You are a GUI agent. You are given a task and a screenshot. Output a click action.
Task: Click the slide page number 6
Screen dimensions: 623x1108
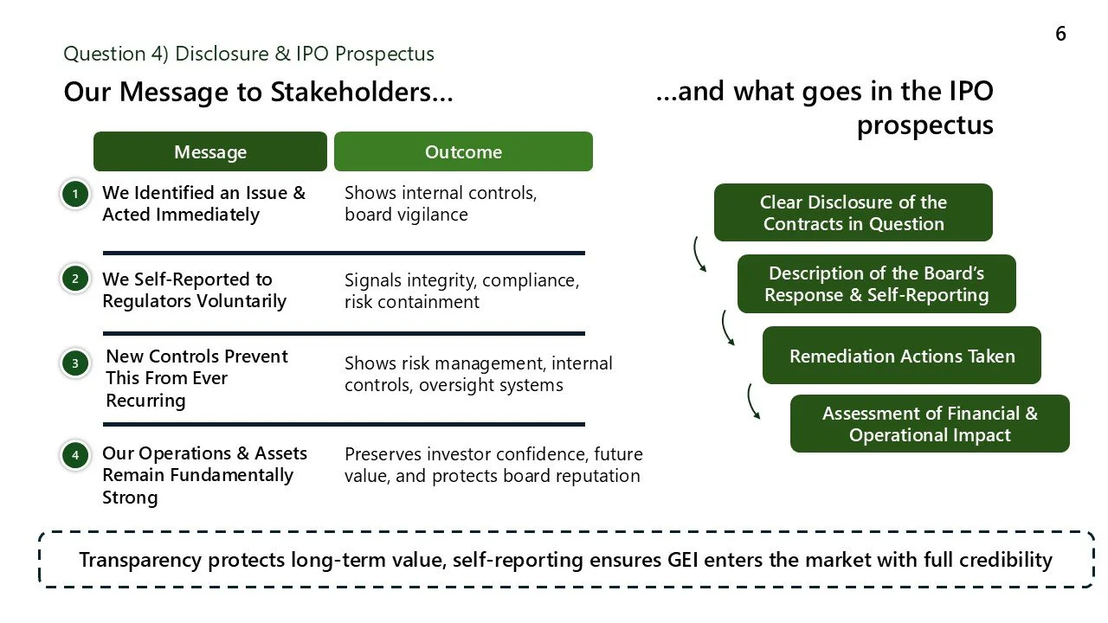coord(1060,34)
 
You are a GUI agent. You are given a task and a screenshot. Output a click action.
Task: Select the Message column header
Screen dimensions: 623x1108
coord(210,152)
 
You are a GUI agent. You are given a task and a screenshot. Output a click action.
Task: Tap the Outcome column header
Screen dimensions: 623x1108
coord(463,152)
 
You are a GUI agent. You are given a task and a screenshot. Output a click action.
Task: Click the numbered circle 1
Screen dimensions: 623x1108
coord(75,194)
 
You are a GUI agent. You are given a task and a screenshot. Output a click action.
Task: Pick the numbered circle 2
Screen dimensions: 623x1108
coord(75,279)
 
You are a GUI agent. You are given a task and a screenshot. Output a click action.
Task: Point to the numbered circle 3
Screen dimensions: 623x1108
coord(75,363)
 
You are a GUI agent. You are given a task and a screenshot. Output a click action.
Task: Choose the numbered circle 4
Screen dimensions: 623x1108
coord(75,454)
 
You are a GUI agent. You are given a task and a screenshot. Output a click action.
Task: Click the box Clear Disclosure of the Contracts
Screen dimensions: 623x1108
coord(853,213)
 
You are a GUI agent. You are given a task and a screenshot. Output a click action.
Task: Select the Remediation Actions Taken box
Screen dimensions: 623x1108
coord(901,356)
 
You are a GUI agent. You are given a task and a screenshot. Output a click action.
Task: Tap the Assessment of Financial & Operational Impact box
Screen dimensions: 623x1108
coord(930,424)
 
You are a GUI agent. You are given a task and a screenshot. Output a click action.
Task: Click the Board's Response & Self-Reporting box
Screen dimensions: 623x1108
coord(876,284)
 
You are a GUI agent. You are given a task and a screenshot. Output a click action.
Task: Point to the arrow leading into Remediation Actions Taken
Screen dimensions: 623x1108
coord(727,329)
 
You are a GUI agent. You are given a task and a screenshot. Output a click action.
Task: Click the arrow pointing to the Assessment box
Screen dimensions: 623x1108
coord(753,402)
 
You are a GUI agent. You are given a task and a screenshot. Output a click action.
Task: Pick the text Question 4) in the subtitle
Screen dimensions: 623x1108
coord(116,54)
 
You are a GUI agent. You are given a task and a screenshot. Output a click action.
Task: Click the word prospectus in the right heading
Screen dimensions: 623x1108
coord(924,125)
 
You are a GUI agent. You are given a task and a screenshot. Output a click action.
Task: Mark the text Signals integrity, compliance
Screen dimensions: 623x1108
coord(461,280)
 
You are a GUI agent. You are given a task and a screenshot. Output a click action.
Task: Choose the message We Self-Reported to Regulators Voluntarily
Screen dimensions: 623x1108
coord(194,290)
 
